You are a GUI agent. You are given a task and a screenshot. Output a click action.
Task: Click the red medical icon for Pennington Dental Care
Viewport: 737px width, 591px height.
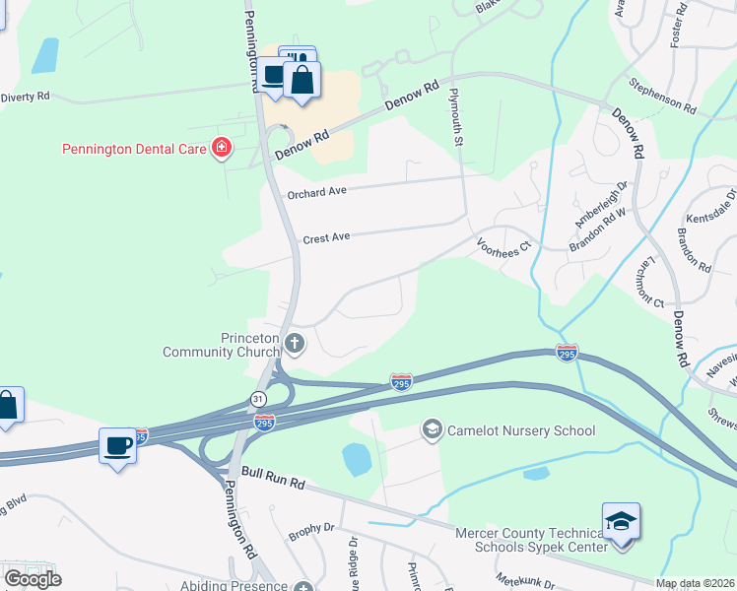[x=222, y=149]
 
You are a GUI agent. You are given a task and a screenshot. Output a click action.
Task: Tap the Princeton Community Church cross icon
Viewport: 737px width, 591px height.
[x=294, y=344]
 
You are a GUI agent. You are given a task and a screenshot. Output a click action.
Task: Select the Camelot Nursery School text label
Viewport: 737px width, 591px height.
[x=521, y=430]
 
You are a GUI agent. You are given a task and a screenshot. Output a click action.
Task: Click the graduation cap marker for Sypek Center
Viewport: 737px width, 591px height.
[x=621, y=521]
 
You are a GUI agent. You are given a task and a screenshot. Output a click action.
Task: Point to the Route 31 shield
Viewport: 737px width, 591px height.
[x=258, y=399]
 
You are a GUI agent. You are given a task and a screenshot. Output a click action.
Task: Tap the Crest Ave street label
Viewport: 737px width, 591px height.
[x=326, y=237]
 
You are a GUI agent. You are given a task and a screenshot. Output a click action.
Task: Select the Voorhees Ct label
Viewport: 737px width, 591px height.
[x=503, y=246]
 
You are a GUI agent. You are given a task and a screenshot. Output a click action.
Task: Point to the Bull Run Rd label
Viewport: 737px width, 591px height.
[x=271, y=485]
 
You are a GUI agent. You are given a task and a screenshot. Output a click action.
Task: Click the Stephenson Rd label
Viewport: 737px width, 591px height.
[x=662, y=96]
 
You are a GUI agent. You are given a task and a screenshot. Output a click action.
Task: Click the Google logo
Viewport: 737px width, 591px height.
[x=33, y=578]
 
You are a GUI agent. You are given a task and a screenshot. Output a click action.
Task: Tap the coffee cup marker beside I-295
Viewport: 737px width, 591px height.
[x=117, y=446]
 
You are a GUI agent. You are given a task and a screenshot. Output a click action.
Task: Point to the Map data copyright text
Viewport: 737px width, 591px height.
[x=695, y=583]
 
